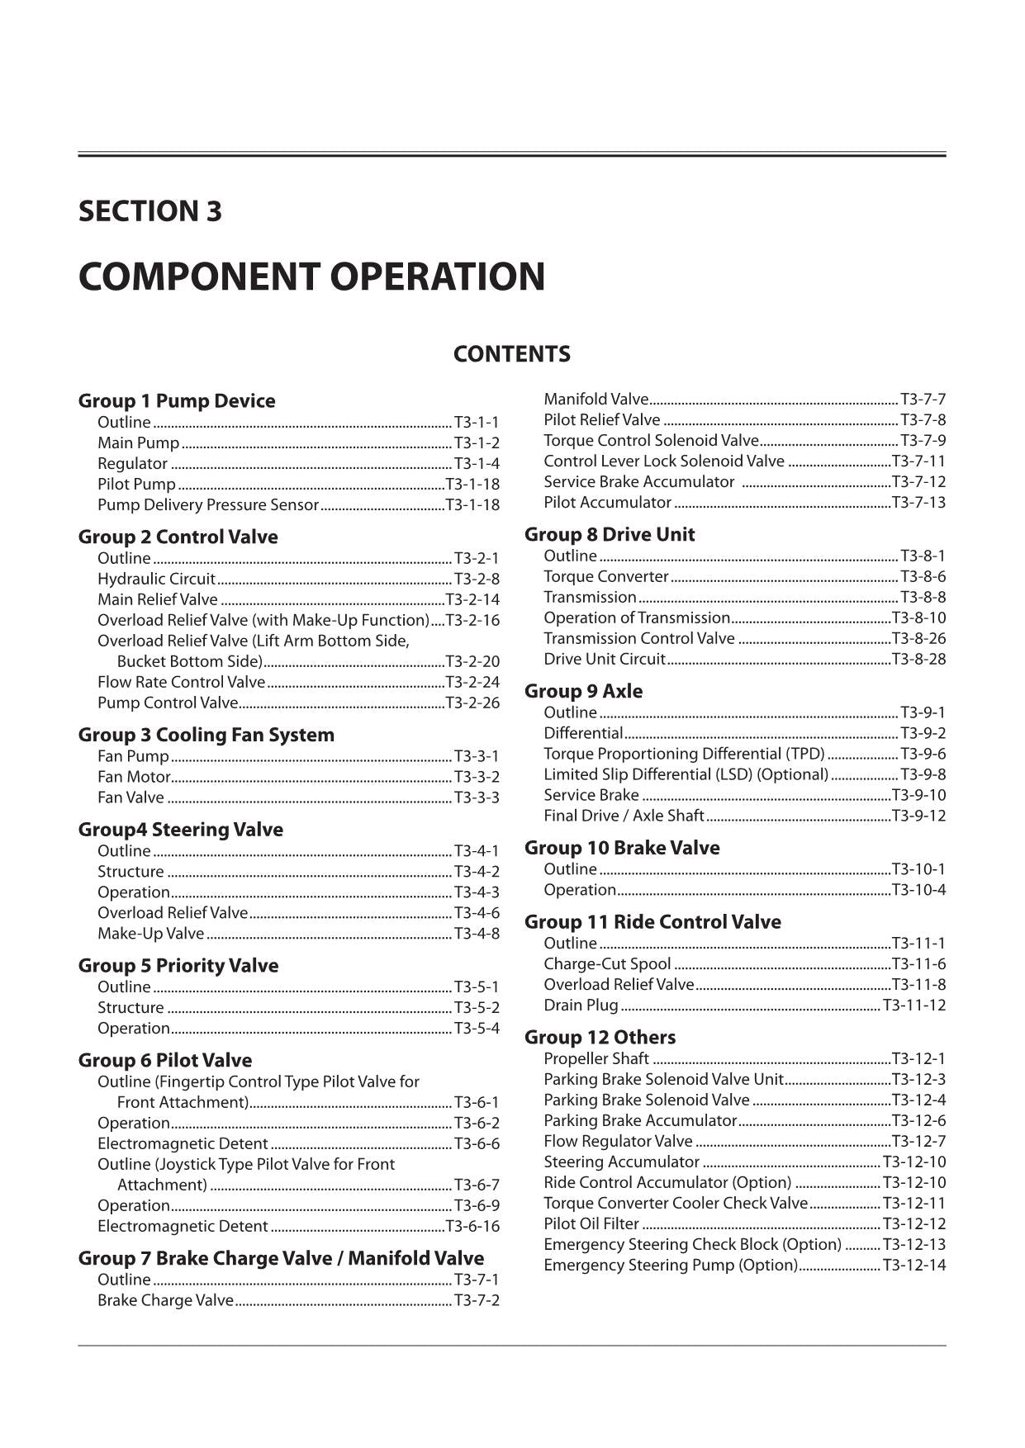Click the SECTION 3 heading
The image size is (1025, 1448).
point(149,211)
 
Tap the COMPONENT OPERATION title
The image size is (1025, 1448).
point(311,277)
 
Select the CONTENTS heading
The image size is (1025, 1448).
point(511,354)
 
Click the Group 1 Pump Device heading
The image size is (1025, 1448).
point(177,401)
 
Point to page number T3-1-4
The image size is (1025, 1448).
point(477,464)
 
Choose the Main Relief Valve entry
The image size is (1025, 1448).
point(158,599)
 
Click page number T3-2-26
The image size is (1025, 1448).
point(472,703)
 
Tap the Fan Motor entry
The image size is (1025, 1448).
point(134,777)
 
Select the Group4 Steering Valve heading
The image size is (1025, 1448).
point(180,830)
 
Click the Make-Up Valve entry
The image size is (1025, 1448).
point(150,934)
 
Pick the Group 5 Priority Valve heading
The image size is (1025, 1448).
point(178,966)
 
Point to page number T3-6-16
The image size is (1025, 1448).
point(472,1227)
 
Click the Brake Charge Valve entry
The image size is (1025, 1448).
point(165,1301)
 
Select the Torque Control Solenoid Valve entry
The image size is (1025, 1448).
point(651,441)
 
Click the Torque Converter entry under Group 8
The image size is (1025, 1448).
point(605,577)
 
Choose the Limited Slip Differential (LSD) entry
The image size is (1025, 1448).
point(686,774)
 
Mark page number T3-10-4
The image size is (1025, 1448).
point(918,890)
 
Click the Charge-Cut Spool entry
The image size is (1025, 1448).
point(607,964)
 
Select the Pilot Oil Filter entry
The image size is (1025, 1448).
point(591,1224)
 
